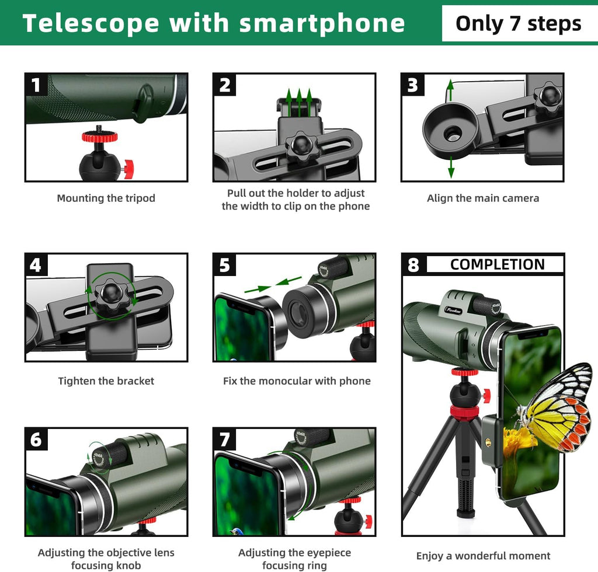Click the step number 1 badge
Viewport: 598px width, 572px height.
click(x=36, y=85)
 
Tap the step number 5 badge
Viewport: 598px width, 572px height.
click(x=225, y=266)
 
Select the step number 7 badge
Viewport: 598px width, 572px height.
click(x=225, y=439)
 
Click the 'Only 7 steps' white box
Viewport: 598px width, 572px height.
click(x=518, y=23)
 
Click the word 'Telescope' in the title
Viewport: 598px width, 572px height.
click(x=91, y=23)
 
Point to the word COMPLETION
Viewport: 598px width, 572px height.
click(x=497, y=264)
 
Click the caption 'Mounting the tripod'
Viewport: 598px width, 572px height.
click(x=106, y=198)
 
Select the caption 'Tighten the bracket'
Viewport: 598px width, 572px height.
click(x=106, y=381)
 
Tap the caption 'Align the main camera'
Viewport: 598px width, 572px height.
click(x=483, y=198)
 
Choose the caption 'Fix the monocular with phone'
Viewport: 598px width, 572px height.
click(x=297, y=381)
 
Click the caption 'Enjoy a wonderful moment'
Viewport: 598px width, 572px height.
click(x=483, y=556)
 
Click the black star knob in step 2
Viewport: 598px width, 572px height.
click(x=302, y=144)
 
